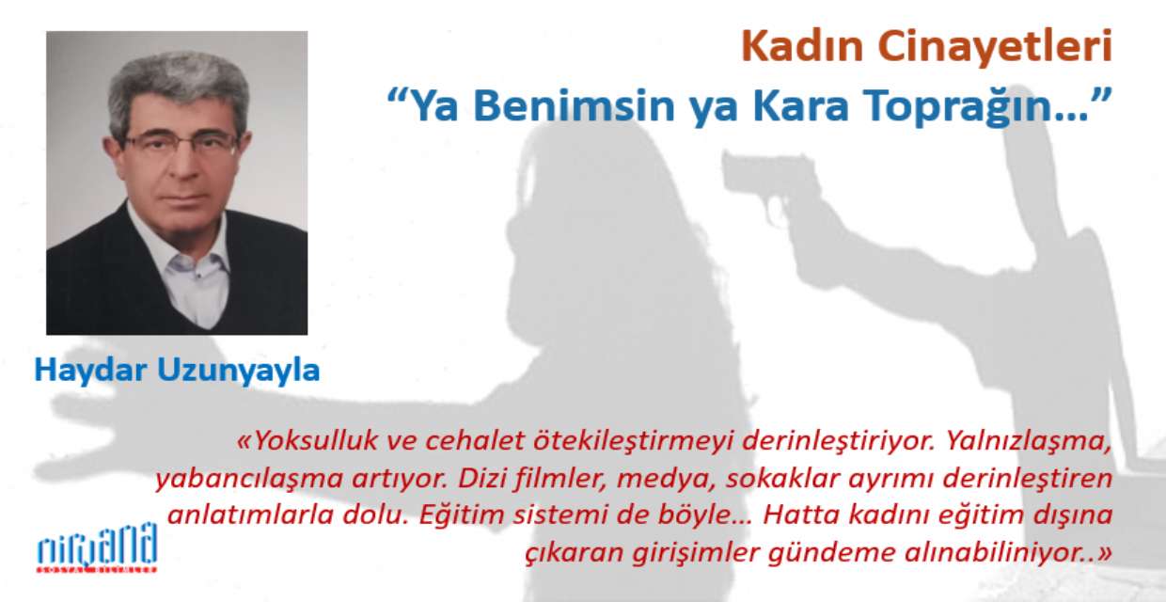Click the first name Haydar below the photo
coord(90,372)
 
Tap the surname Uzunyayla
coord(239,372)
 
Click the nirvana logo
coord(98,547)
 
